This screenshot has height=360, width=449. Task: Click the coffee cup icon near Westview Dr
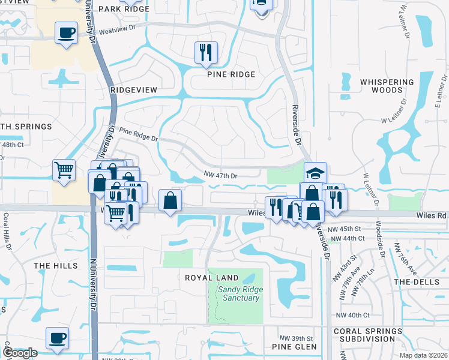tap(66, 32)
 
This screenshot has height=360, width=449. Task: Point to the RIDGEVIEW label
tap(133, 89)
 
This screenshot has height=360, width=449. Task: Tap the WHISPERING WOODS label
tap(387, 86)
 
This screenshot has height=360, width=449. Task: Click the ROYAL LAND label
tap(211, 278)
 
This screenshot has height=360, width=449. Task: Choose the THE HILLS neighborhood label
tap(56, 265)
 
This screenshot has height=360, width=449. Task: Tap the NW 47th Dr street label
tap(221, 176)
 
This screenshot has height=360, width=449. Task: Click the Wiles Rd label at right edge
tap(433, 215)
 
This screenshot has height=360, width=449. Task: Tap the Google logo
tap(19, 353)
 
